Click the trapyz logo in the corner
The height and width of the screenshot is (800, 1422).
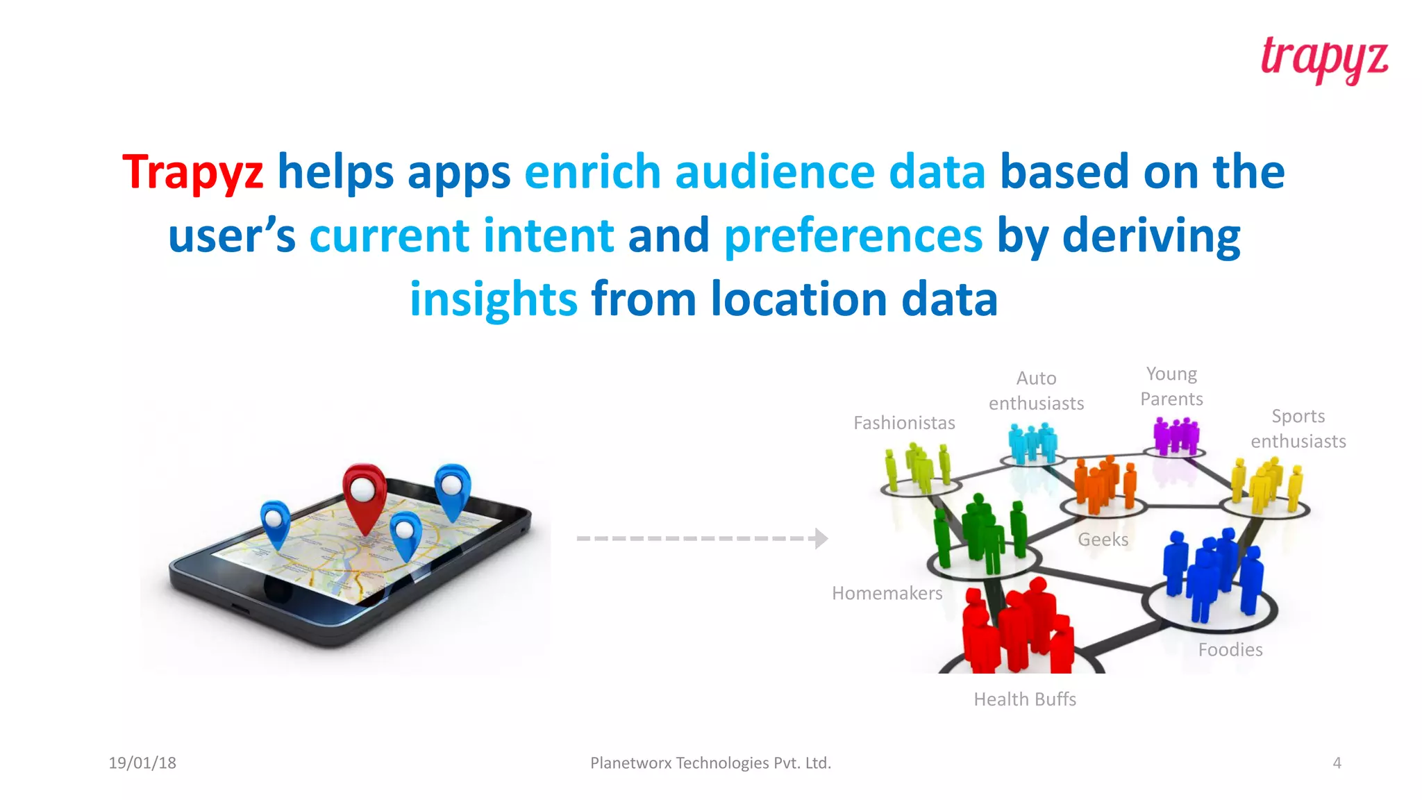pos(1324,60)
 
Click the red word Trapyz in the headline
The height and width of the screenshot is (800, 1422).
pos(193,172)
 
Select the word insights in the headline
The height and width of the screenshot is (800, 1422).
pos(493,299)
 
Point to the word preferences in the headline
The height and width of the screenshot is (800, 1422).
pos(853,235)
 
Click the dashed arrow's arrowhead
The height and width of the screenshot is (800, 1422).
pos(821,538)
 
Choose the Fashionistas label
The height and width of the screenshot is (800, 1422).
pos(904,423)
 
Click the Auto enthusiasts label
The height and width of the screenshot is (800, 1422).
pos(1036,391)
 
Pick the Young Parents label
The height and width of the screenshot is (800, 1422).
pos(1171,386)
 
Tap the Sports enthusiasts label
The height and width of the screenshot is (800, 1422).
pos(1298,428)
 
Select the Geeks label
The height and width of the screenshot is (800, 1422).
pos(1103,540)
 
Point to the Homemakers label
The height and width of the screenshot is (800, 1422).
pos(887,593)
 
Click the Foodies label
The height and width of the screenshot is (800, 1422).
pos(1230,650)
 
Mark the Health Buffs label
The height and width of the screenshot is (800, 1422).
pos(1025,699)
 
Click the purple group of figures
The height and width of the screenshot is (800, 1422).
pos(1175,436)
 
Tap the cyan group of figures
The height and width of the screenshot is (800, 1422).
pos(1032,443)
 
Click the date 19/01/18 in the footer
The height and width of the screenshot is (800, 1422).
pos(142,763)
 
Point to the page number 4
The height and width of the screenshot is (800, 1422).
pos(1337,763)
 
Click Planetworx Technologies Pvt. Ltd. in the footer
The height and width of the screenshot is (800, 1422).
pos(710,763)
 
